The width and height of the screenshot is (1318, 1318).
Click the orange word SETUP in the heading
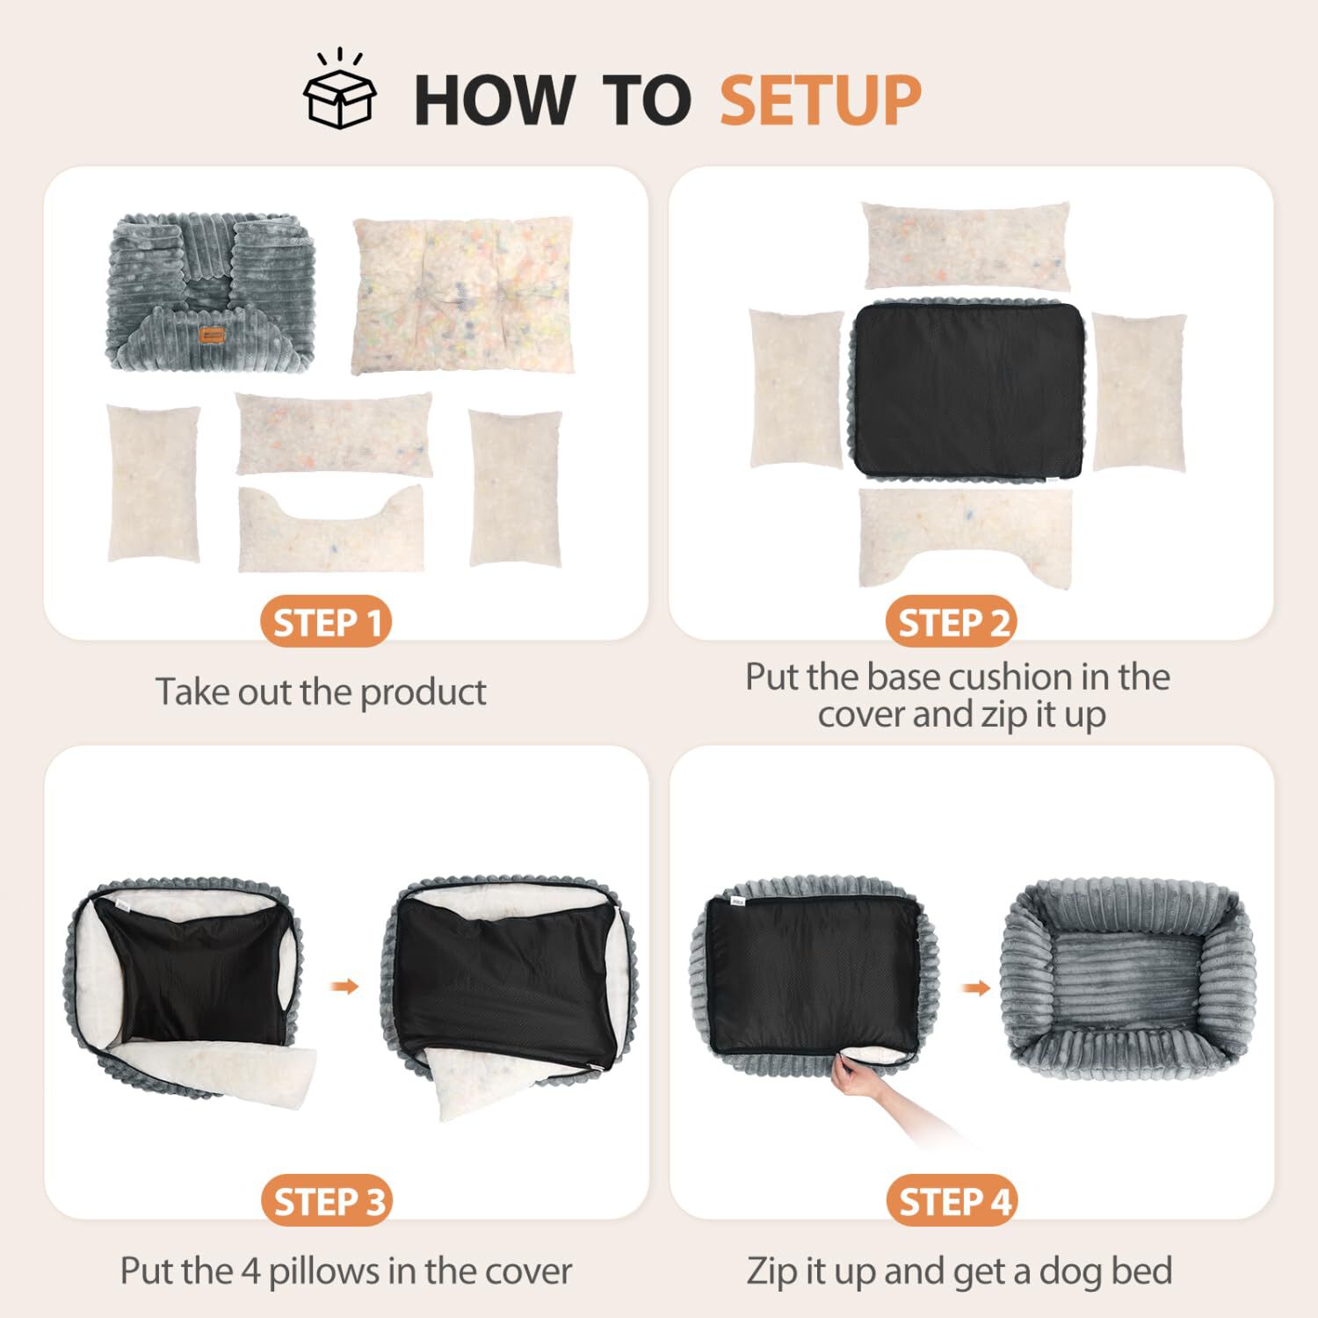(x=820, y=100)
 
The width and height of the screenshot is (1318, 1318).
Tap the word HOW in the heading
(x=494, y=100)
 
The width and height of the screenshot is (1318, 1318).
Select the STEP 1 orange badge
(x=326, y=623)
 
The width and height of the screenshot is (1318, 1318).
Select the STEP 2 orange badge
(x=952, y=623)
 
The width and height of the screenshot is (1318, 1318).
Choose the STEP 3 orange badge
(x=327, y=1201)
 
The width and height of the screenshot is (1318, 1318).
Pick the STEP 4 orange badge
(x=952, y=1201)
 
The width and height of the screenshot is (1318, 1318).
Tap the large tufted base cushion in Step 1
(x=463, y=295)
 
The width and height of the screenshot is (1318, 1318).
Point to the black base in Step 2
(x=968, y=390)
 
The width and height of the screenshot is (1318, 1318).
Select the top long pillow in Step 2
(x=967, y=245)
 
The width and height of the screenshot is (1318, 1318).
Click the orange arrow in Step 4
(x=974, y=988)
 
